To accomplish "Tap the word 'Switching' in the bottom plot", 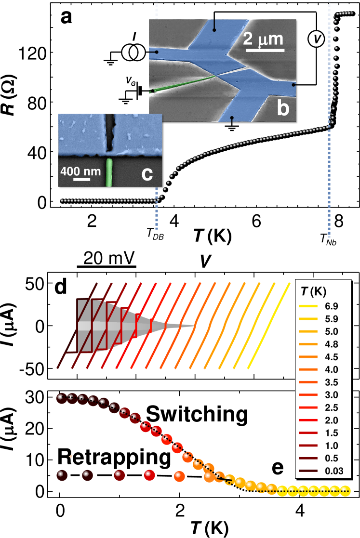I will point(197,414).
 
